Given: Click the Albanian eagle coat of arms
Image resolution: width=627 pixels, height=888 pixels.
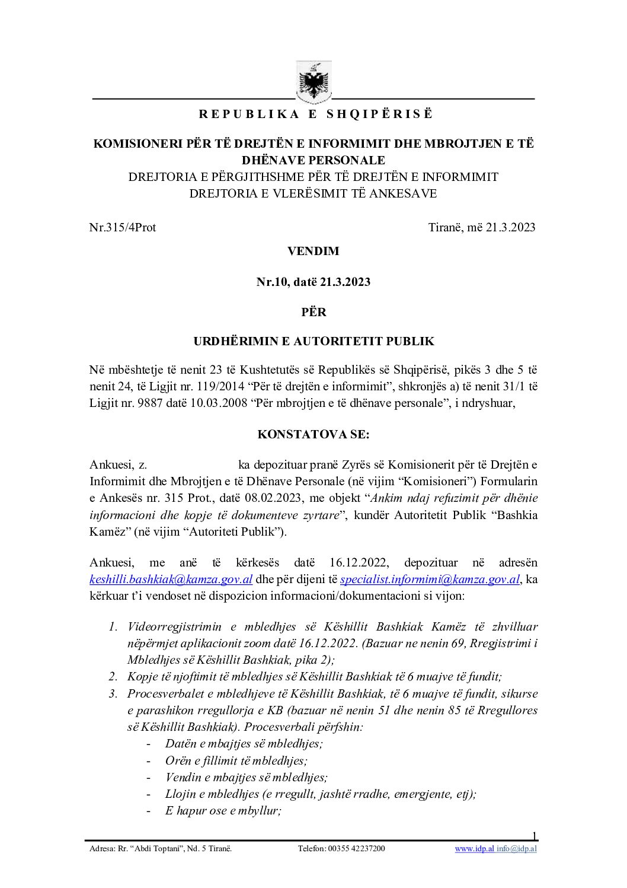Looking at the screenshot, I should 313,82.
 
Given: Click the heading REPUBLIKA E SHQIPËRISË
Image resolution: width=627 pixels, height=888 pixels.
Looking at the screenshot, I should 315,114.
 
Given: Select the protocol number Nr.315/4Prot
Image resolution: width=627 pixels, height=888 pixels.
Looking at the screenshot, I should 123,227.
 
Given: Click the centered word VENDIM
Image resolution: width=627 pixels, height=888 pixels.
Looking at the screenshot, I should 313,251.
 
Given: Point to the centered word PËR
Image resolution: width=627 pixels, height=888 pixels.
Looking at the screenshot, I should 313,311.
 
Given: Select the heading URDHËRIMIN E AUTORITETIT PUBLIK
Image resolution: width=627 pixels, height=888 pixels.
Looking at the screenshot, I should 313,341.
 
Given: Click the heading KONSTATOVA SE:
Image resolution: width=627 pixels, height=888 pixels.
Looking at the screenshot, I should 313,434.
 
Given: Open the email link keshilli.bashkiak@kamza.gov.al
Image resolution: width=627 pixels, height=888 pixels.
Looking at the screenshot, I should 171,579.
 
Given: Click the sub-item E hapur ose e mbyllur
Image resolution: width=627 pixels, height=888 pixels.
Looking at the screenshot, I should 223,810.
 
